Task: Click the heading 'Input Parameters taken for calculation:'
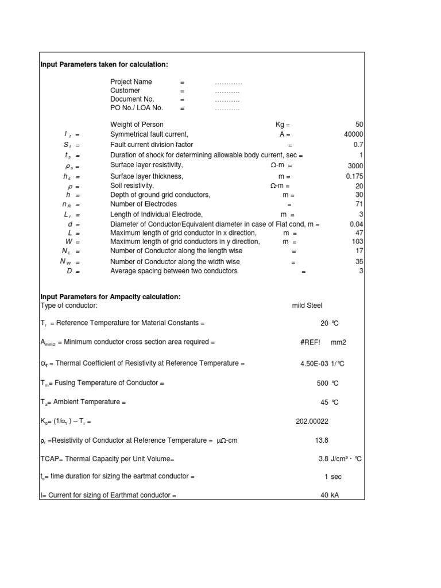coord(104,65)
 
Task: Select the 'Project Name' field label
coord(131,82)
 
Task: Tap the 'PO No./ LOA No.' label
coord(137,108)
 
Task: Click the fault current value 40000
coord(353,134)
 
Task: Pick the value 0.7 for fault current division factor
coord(358,145)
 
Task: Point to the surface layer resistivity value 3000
coord(355,166)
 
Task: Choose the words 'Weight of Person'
coord(137,125)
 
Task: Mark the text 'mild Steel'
coord(311,306)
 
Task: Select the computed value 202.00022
coord(312,421)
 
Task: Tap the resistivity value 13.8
coord(322,440)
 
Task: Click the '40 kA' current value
coord(330,495)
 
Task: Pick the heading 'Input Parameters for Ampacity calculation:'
coord(110,297)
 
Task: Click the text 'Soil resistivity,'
coord(132,186)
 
